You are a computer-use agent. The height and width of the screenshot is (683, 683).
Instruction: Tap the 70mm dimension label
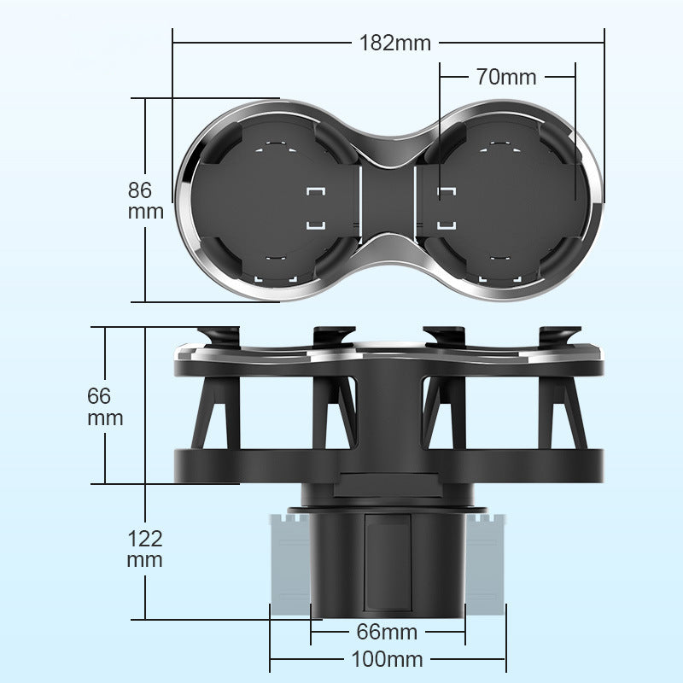506,77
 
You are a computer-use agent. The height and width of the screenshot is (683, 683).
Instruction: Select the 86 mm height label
145,201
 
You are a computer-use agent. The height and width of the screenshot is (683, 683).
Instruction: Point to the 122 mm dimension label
145,549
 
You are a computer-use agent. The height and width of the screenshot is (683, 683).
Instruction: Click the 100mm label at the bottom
387,659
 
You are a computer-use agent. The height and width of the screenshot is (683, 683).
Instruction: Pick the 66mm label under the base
387,632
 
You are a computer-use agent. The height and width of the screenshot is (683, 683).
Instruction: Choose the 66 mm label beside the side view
105,406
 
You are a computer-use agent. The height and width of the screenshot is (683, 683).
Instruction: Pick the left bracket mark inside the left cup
316,207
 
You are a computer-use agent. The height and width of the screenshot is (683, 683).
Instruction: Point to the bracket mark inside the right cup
446,207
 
